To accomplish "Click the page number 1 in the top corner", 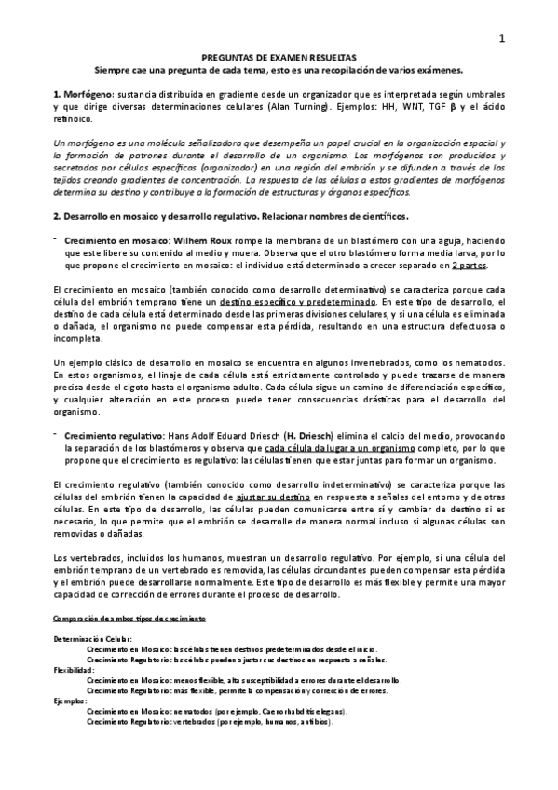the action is point(502,38).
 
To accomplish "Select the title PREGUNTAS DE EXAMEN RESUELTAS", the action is point(279,57).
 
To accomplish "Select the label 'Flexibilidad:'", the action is point(75,669).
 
